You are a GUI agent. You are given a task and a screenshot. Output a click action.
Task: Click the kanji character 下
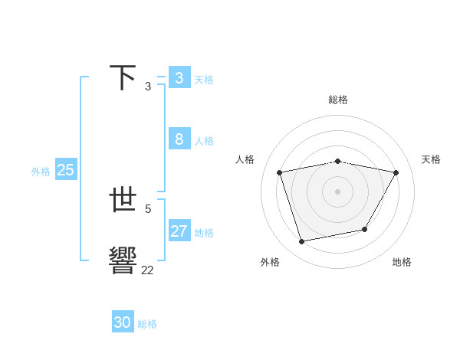123,77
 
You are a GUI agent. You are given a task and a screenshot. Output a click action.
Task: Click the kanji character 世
123,200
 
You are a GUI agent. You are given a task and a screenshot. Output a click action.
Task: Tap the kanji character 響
123,261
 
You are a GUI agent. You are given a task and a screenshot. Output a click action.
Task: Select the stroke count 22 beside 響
147,270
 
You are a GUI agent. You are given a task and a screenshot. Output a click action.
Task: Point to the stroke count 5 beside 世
148,208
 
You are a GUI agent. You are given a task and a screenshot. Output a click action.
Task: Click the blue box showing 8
179,139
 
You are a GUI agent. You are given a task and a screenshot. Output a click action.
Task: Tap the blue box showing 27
179,231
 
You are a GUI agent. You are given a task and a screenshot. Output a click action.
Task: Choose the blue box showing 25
65,170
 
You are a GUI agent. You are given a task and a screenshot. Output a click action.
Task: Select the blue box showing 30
122,322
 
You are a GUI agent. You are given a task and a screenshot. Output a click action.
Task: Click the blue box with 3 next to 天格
179,77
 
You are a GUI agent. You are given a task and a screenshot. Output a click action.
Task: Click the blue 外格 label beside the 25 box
41,172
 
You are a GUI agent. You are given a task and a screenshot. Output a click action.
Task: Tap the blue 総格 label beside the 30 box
147,324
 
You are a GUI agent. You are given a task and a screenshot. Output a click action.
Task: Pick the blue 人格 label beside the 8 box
204,141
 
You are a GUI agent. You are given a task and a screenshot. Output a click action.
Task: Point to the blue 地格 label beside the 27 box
204,233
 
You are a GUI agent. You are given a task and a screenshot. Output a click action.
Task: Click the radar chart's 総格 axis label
338,100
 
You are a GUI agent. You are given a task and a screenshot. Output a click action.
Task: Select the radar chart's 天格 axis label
431,159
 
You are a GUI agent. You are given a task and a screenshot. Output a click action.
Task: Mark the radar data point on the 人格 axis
280,172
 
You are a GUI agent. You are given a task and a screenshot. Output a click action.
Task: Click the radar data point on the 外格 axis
302,241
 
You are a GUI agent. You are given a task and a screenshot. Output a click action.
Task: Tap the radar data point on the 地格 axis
365,229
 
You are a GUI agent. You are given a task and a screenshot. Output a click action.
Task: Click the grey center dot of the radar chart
338,191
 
